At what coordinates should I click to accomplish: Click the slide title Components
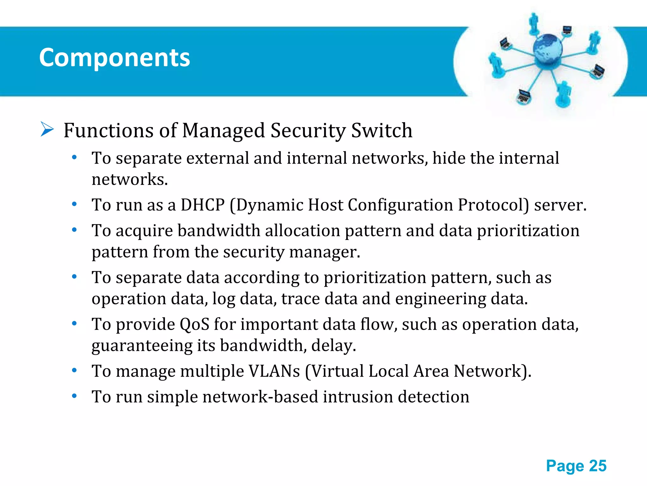114,58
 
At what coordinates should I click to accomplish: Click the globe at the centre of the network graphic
547,49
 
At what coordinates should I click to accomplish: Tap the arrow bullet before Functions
47,130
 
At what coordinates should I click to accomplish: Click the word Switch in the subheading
382,130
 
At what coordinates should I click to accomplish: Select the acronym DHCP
203,205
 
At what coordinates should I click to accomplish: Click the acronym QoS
194,324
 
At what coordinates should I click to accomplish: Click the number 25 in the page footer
598,466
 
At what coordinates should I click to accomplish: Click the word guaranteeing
142,346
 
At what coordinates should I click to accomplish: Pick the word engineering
440,299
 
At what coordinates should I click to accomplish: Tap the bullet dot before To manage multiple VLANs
74,370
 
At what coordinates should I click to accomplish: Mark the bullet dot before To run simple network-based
74,396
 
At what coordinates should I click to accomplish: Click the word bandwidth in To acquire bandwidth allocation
219,230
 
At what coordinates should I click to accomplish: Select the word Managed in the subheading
223,130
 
